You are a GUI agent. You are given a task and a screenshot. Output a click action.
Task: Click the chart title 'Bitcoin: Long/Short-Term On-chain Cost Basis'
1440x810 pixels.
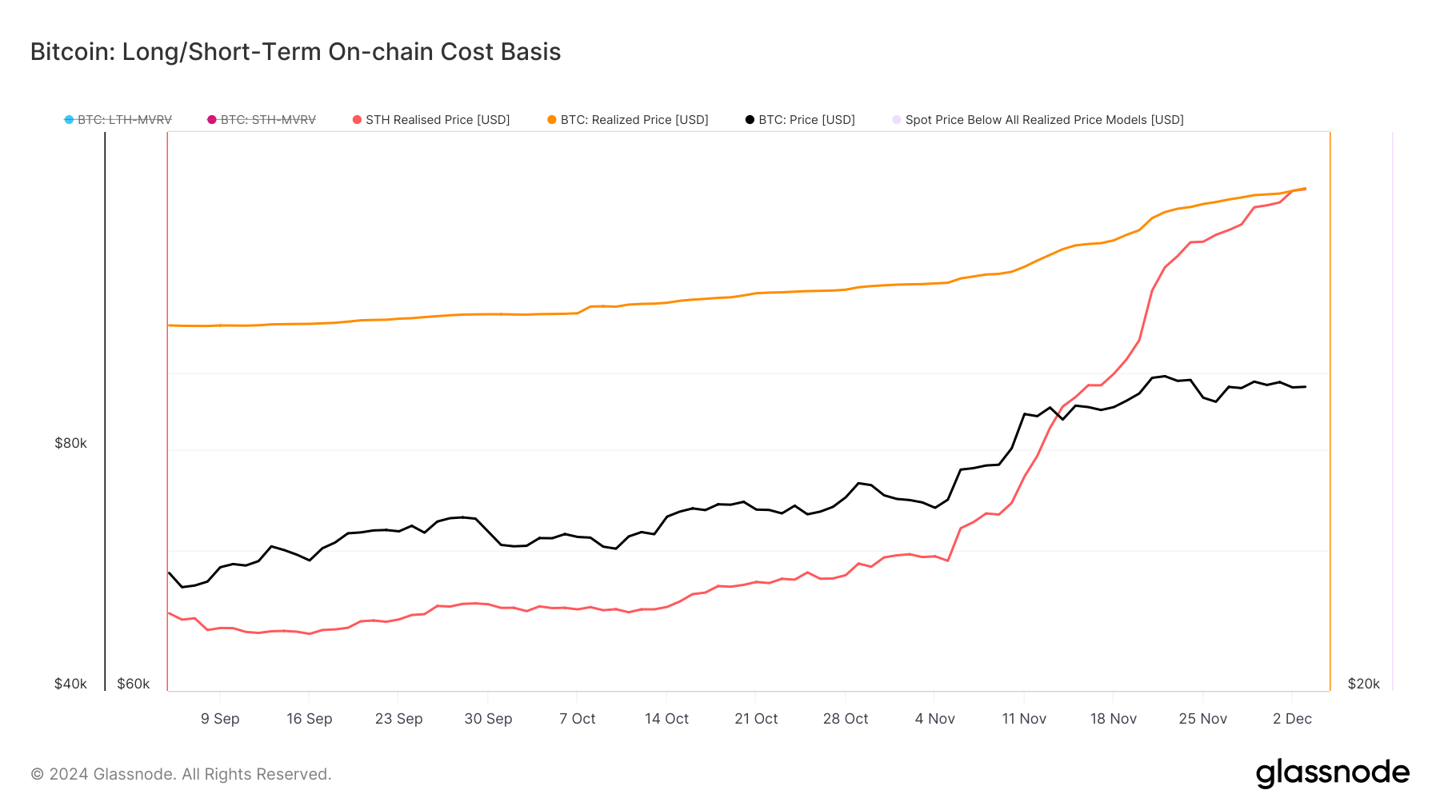click(295, 52)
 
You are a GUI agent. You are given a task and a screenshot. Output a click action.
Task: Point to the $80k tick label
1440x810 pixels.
click(70, 443)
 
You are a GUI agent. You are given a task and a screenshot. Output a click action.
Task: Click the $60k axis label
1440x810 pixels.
click(133, 684)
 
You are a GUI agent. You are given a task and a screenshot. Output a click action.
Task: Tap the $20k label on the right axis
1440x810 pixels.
click(1363, 684)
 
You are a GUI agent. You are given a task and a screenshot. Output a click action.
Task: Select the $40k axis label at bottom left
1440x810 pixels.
click(70, 684)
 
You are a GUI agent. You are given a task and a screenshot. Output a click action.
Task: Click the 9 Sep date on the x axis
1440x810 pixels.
click(220, 719)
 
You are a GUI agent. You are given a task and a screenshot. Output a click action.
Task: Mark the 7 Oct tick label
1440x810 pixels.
click(577, 719)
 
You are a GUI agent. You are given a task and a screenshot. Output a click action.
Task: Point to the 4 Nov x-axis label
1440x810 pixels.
click(934, 719)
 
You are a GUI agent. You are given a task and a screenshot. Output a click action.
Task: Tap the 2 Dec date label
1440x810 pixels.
click(1292, 719)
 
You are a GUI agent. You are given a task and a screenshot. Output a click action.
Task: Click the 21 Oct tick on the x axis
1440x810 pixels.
click(756, 719)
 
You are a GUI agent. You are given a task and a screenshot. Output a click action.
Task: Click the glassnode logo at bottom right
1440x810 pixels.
click(1332, 773)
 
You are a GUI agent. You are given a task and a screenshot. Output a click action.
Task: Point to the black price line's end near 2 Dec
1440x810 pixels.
click(1305, 387)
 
